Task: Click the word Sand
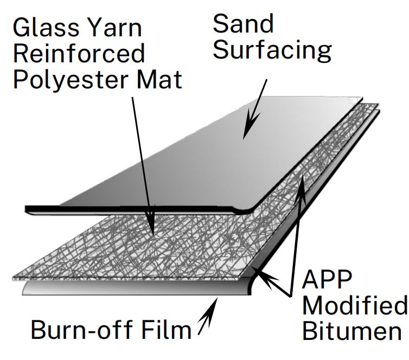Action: [242, 24]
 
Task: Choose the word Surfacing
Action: [272, 50]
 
